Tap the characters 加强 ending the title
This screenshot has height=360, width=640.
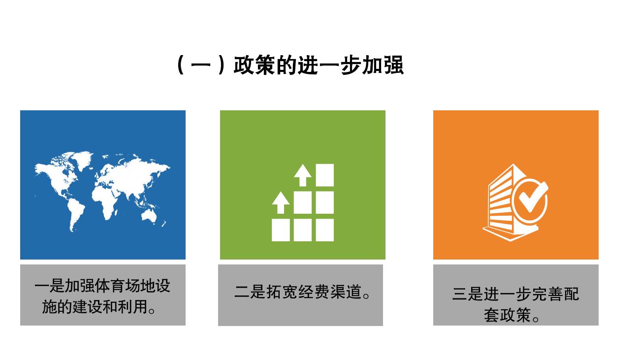(x=383, y=65)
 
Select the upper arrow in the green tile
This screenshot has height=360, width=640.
(x=303, y=175)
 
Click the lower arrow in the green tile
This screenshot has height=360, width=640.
(x=281, y=202)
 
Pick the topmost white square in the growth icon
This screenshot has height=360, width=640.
(x=324, y=175)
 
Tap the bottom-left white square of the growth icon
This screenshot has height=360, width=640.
(x=281, y=230)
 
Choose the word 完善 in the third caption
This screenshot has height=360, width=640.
(x=547, y=294)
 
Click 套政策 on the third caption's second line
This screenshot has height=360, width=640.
(x=507, y=315)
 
